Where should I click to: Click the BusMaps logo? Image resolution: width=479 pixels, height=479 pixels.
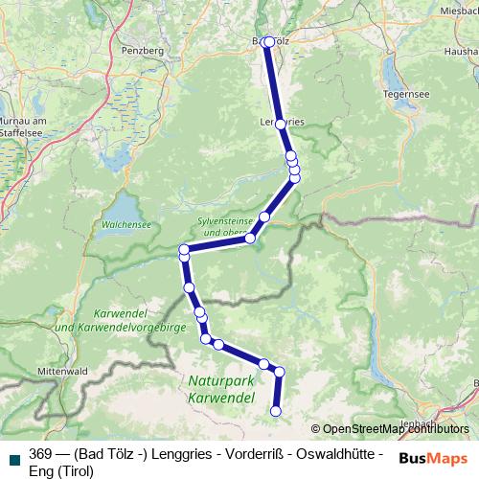click(432, 458)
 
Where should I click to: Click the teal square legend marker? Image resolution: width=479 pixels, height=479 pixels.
click(12, 455)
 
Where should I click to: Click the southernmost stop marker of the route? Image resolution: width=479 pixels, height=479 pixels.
click(276, 412)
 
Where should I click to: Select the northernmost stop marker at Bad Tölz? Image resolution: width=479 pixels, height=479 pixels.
click(268, 42)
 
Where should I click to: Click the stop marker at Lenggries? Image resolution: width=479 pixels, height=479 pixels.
click(281, 124)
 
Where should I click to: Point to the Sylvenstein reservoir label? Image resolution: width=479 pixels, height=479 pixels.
click(223, 226)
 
